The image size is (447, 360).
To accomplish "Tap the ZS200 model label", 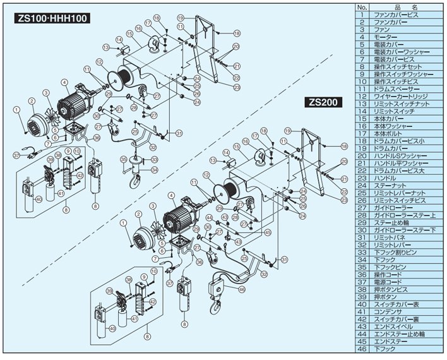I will coord(324,100).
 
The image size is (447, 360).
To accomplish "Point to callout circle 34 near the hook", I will coord(153,169).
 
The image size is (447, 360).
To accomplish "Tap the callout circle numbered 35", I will coord(124,159).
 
